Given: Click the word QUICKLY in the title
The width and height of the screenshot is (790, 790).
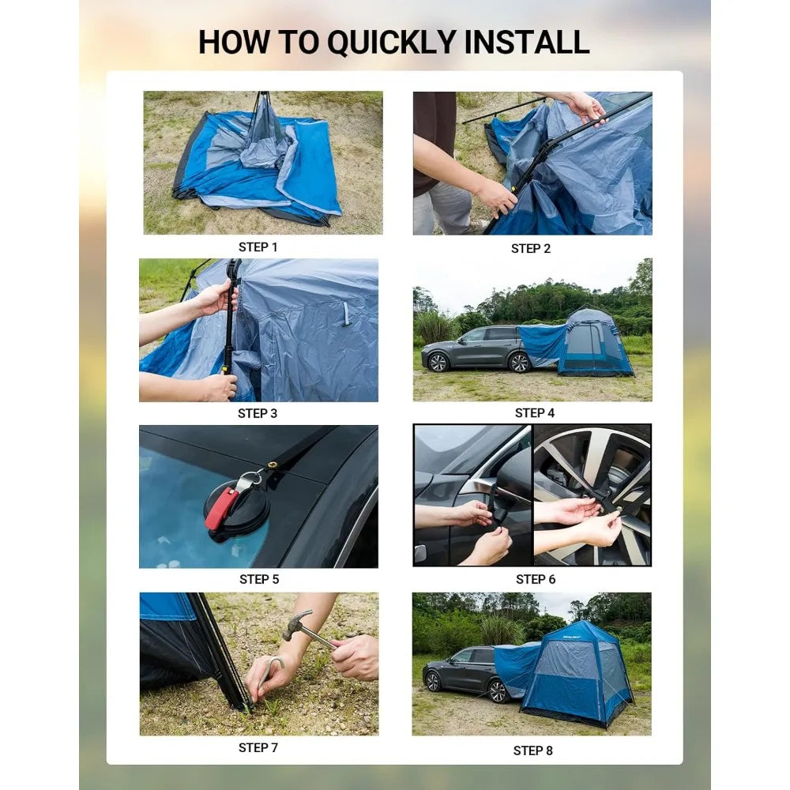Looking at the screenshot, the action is [x=392, y=43].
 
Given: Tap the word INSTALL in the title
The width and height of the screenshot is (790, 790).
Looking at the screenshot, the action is [x=526, y=42].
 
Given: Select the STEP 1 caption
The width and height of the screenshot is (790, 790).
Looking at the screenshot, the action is [x=258, y=247].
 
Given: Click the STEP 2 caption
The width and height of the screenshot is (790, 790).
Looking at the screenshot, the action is [x=531, y=249].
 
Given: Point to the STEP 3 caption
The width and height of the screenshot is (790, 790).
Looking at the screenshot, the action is [x=258, y=414].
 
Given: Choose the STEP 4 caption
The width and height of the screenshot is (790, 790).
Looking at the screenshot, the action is [x=535, y=413].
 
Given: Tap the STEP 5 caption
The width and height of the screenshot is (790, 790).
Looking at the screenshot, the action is [x=259, y=579].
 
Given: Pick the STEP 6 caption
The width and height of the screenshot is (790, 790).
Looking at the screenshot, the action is [x=536, y=579].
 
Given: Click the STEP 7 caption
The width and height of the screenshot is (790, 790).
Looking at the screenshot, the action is [x=258, y=747].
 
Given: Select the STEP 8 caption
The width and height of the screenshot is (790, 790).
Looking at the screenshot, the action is [x=533, y=750].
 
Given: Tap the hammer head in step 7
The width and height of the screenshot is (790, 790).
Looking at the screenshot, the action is [x=296, y=625].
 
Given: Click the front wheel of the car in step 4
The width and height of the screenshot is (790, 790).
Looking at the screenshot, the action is [x=438, y=363].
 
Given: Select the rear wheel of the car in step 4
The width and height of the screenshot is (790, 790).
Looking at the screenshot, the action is [x=519, y=363].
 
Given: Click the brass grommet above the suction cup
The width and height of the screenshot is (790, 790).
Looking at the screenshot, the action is [x=273, y=465].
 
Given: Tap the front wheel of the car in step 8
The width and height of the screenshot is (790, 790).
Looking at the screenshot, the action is [x=433, y=683].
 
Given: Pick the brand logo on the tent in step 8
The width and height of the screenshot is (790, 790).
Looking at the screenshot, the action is [x=571, y=637].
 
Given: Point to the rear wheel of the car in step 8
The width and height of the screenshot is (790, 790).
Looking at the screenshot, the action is [x=498, y=691].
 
